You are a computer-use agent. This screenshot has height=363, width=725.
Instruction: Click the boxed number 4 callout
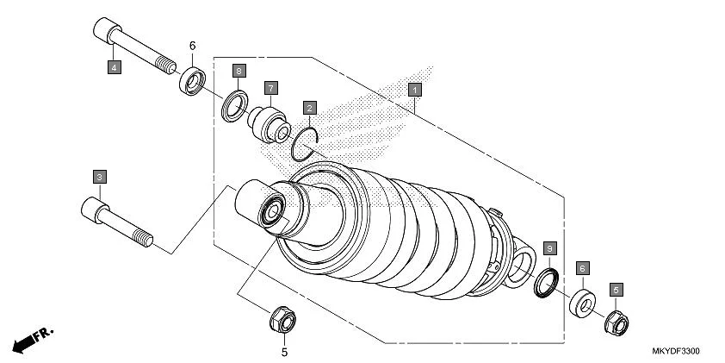[x=114, y=66]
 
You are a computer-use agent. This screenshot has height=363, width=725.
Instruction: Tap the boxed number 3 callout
[x=100, y=177]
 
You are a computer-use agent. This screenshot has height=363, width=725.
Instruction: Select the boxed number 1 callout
[x=414, y=89]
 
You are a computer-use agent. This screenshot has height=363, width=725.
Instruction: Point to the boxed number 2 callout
[x=310, y=109]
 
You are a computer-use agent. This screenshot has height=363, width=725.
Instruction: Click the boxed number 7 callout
[x=270, y=88]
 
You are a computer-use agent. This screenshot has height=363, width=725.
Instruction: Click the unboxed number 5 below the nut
[x=285, y=352]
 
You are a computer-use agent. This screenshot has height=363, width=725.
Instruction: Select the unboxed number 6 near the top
[x=193, y=46]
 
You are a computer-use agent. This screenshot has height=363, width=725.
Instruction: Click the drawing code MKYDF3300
[x=675, y=352]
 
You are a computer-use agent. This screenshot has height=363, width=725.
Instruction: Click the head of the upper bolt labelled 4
[x=102, y=29]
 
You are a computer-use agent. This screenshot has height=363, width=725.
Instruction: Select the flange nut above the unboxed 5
[x=282, y=322]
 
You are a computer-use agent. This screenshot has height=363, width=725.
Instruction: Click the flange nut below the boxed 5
[x=616, y=323]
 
